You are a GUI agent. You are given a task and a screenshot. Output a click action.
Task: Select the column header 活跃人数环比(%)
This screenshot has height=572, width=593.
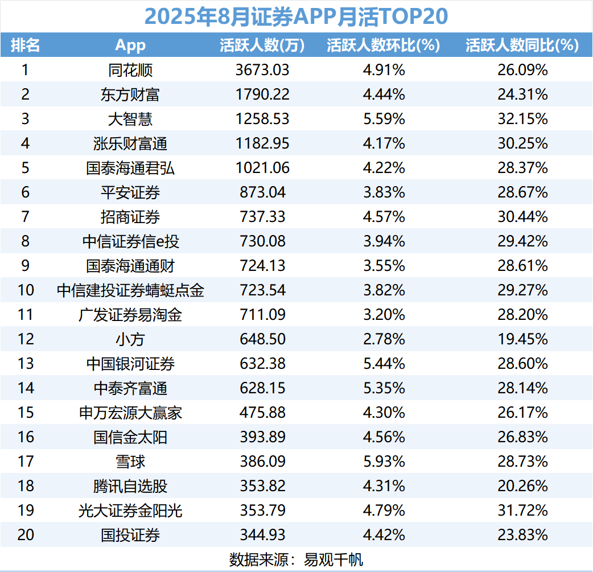(383, 46)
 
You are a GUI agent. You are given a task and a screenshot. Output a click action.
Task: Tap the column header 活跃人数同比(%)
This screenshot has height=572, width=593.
(521, 46)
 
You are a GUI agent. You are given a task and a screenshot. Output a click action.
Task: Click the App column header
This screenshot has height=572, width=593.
(130, 46)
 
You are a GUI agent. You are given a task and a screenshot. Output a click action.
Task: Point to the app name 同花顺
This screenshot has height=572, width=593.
(130, 70)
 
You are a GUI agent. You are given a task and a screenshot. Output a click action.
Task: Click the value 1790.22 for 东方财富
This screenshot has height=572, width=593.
(262, 94)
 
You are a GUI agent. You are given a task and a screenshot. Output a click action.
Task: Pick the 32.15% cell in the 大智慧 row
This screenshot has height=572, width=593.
(521, 119)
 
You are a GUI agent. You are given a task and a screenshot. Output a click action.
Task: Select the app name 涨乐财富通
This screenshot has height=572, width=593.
(130, 143)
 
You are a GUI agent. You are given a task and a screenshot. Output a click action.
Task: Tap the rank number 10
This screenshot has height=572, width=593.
(26, 290)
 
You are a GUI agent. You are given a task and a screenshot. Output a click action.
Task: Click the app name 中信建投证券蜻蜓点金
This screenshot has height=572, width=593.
(130, 290)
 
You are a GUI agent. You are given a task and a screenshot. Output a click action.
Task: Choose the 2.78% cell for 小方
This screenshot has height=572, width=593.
(383, 339)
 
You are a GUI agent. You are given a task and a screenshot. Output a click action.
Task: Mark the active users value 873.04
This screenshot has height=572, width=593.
(262, 192)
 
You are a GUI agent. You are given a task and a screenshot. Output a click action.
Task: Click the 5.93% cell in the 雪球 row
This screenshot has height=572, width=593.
(383, 462)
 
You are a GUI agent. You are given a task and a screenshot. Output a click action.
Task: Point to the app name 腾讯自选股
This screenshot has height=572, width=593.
(130, 486)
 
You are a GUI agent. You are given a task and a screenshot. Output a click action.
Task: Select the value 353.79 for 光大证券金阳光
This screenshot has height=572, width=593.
(262, 511)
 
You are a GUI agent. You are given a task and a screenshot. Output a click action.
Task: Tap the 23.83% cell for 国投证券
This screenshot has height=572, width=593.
(521, 535)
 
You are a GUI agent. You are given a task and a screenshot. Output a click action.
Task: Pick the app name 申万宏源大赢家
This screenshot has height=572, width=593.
(130, 413)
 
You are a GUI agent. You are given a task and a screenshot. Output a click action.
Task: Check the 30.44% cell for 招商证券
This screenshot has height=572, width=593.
(521, 217)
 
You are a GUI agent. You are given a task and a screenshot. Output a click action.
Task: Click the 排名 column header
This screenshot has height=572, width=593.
(26, 46)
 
